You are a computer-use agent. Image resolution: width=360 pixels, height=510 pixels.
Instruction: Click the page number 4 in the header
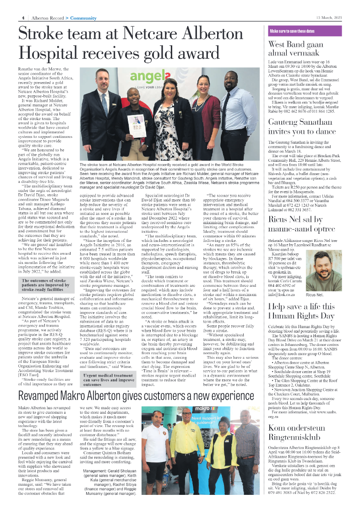pos(22,18)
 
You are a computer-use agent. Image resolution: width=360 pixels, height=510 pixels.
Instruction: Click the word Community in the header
pos(83,18)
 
